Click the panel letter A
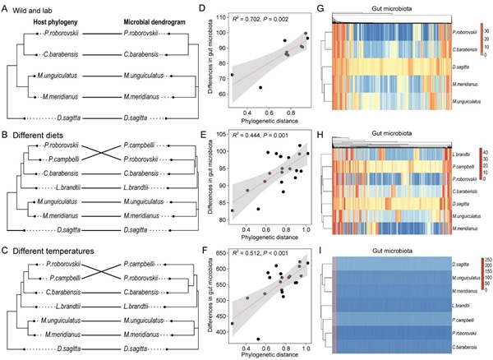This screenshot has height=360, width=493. click(x=7, y=7)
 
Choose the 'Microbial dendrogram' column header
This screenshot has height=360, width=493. click(x=152, y=19)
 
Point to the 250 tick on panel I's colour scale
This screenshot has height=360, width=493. click(x=485, y=261)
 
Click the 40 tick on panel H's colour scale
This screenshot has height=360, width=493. click(x=485, y=150)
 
